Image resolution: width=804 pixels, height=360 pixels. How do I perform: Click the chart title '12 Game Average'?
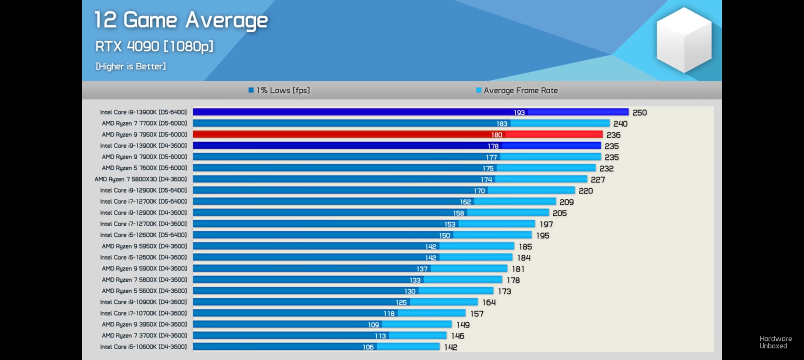(x=181, y=20)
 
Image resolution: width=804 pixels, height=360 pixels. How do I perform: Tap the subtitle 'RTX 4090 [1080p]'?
(x=154, y=46)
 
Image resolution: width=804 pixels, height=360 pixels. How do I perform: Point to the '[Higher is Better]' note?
(x=131, y=66)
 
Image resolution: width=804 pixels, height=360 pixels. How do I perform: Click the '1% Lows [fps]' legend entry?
(x=279, y=90)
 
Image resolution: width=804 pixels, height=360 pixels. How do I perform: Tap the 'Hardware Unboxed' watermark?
(x=775, y=342)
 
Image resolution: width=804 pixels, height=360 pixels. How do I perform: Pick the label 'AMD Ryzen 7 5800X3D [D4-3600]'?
(x=140, y=179)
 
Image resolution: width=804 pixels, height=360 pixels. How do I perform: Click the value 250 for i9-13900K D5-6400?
(x=639, y=112)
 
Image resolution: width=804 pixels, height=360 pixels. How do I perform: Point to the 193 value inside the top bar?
(x=519, y=112)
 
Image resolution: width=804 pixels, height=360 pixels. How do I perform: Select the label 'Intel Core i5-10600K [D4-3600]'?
(x=143, y=346)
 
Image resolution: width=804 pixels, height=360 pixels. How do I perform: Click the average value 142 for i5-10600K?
(x=450, y=347)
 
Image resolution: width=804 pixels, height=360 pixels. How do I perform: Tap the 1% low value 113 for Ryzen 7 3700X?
(x=380, y=336)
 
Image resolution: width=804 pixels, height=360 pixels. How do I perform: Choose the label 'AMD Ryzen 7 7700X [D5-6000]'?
(x=144, y=123)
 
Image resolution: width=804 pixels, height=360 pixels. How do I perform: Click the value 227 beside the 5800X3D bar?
(x=597, y=179)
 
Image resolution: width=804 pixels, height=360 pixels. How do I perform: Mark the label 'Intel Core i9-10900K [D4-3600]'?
(x=143, y=302)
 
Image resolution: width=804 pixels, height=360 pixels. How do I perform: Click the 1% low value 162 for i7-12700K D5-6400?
(x=465, y=202)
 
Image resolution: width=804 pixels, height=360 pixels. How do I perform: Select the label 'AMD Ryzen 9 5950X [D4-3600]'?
(x=144, y=246)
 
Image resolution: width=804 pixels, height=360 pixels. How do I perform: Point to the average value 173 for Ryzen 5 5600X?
(x=504, y=291)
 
